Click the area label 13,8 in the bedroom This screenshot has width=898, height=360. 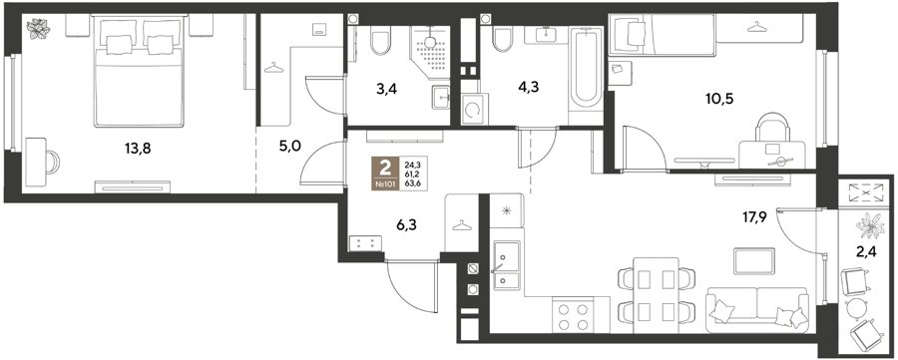point(138,149)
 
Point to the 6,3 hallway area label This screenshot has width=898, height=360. point(406,225)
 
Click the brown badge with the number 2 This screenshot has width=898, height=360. point(385,169)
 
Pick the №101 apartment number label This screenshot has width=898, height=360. point(385,184)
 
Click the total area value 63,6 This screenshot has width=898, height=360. point(413,184)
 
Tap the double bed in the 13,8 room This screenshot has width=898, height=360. point(139,71)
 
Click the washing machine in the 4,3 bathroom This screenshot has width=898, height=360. point(471,110)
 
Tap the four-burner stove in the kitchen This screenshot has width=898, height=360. point(573,316)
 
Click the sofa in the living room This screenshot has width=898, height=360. point(757,309)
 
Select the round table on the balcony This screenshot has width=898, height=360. point(857,308)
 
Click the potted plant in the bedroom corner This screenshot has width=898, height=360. point(39,29)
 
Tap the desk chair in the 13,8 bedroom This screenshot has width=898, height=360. point(52,162)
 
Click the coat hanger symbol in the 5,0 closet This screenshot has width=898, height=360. point(273,68)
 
